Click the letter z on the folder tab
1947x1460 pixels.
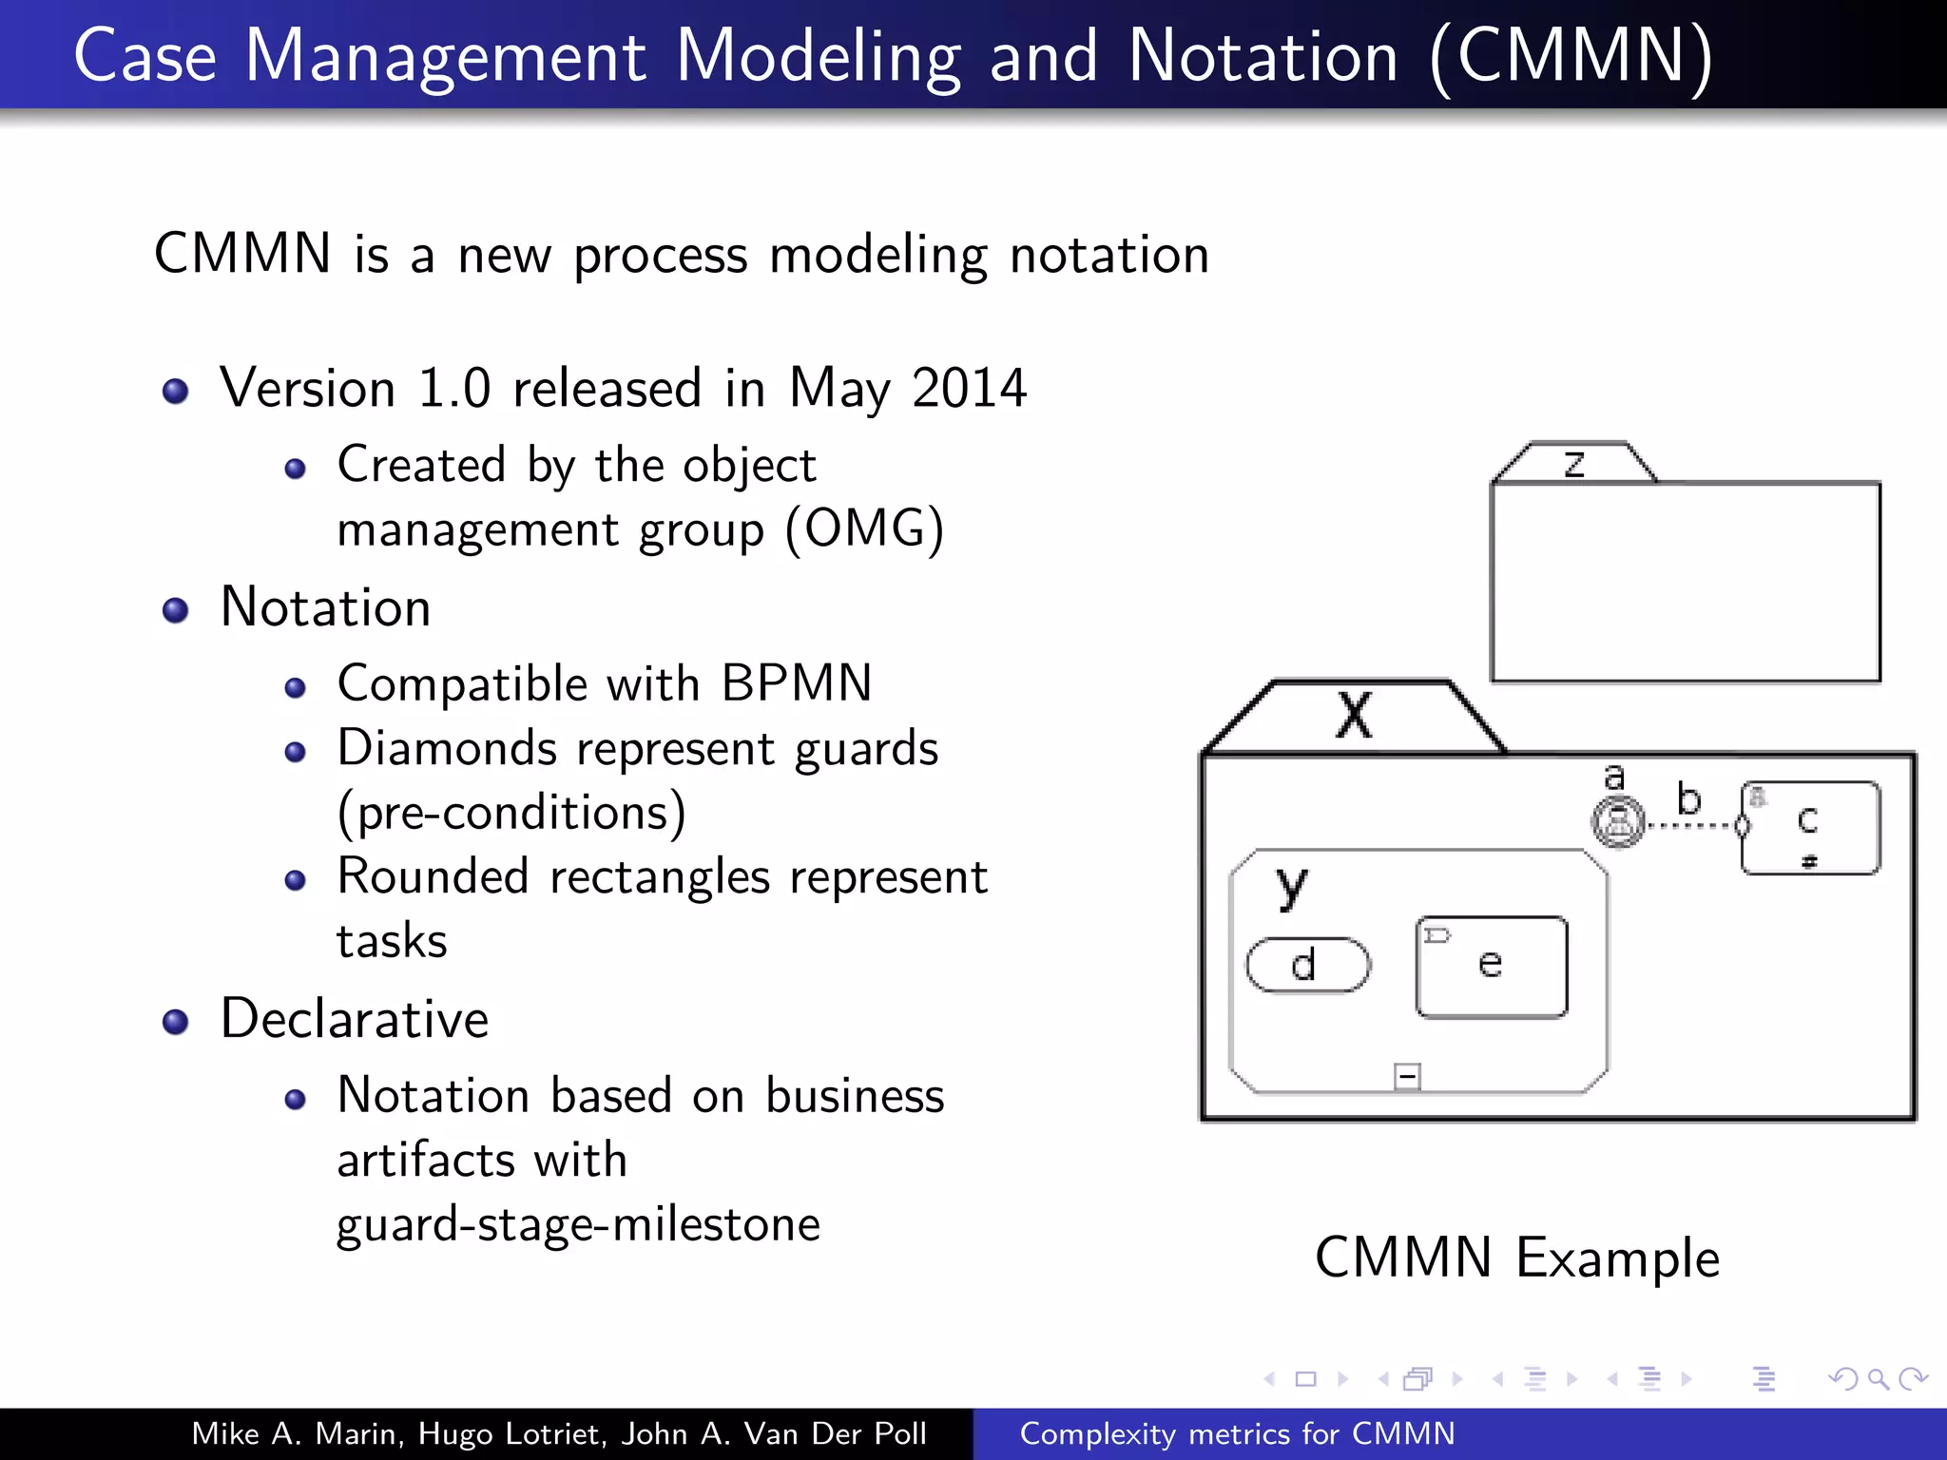click(1574, 464)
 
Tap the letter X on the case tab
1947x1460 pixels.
click(1354, 715)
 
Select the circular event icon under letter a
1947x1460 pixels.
click(1618, 821)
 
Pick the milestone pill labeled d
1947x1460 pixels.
click(1308, 965)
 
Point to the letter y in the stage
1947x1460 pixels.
click(1291, 886)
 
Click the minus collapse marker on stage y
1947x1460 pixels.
click(1407, 1076)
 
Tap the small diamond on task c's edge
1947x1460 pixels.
click(1743, 825)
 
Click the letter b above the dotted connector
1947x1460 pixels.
click(1688, 798)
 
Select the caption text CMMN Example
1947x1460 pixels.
click(1517, 1258)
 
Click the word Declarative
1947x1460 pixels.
click(355, 1019)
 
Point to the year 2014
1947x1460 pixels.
click(969, 388)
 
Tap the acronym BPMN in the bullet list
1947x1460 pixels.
click(796, 683)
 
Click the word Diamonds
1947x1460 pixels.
click(447, 748)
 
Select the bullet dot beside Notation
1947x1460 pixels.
click(176, 609)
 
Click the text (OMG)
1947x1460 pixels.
click(864, 528)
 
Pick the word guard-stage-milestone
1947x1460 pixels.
click(578, 1224)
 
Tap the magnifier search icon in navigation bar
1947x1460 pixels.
click(1878, 1378)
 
